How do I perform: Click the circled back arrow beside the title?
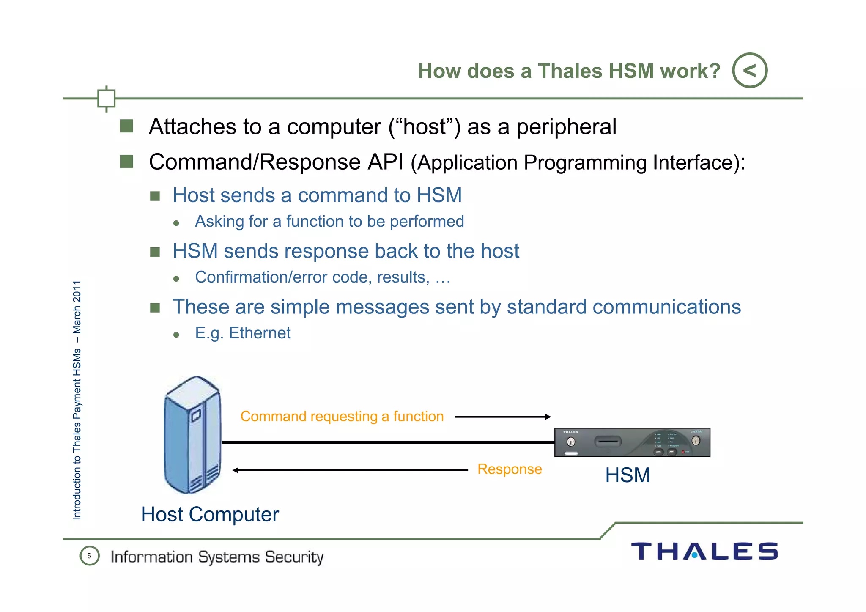pyautogui.click(x=750, y=70)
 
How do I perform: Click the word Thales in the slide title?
pyautogui.click(x=570, y=71)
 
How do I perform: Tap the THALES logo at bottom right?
pyautogui.click(x=704, y=552)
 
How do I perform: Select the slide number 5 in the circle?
pyautogui.click(x=89, y=556)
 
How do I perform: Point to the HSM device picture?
pyautogui.click(x=632, y=442)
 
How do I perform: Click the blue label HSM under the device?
pyautogui.click(x=628, y=475)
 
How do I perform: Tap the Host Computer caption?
pyautogui.click(x=210, y=514)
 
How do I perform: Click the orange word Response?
pyautogui.click(x=510, y=469)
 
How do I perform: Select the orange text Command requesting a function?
pyautogui.click(x=342, y=417)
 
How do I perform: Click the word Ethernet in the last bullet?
pyautogui.click(x=260, y=333)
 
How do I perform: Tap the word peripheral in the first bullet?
pyautogui.click(x=566, y=127)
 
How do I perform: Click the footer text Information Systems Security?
pyautogui.click(x=217, y=557)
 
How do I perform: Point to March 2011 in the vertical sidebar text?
pyautogui.click(x=77, y=307)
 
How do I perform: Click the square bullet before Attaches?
pyautogui.click(x=126, y=126)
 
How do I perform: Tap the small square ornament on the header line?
pyautogui.click(x=106, y=99)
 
